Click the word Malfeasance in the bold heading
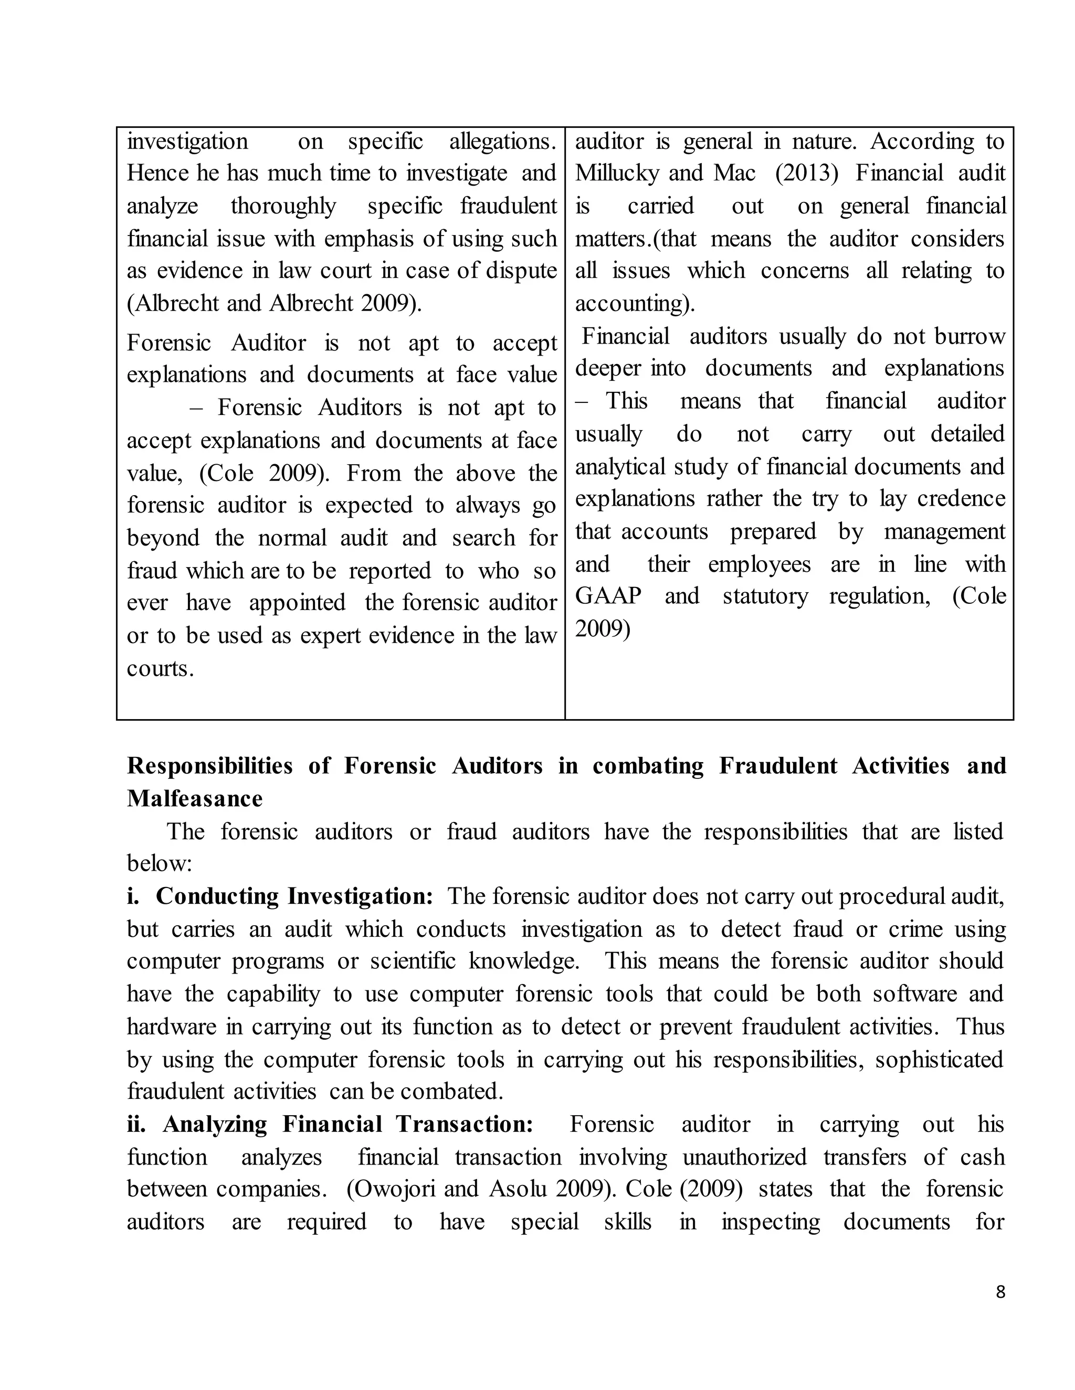coord(194,799)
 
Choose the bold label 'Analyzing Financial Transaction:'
coord(347,1124)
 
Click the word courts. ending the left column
coord(160,668)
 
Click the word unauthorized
coord(744,1157)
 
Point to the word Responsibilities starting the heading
coord(209,766)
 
